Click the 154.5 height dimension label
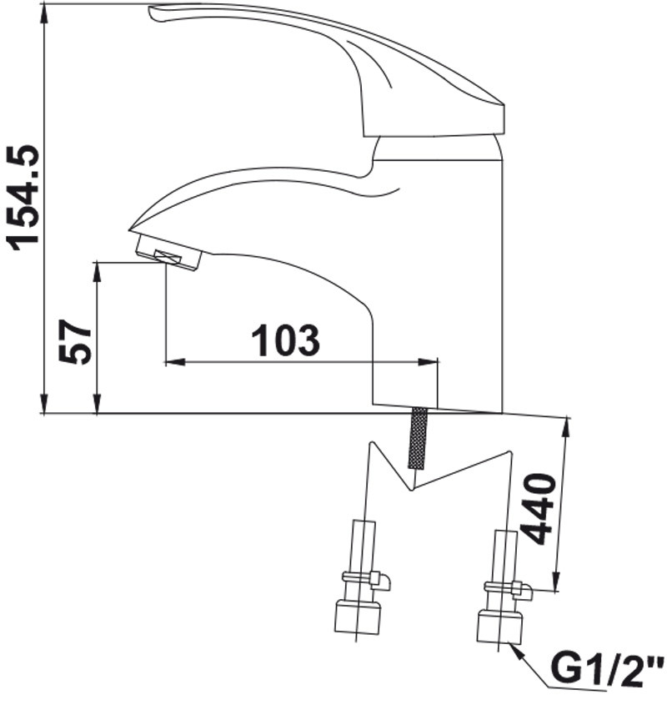click(22, 198)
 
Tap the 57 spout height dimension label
click(75, 342)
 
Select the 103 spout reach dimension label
click(286, 340)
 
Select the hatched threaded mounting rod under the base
click(418, 438)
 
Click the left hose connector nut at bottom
click(358, 617)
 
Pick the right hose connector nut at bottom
click(499, 627)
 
